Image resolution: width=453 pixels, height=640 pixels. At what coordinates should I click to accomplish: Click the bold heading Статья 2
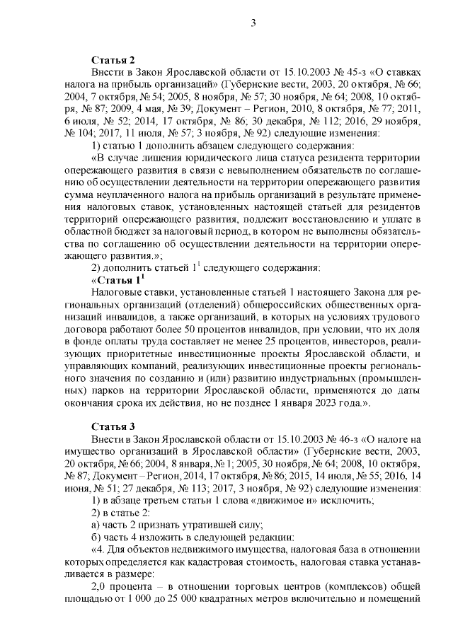[x=113, y=59]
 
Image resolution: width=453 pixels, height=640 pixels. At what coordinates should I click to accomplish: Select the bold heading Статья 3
[x=113, y=426]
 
